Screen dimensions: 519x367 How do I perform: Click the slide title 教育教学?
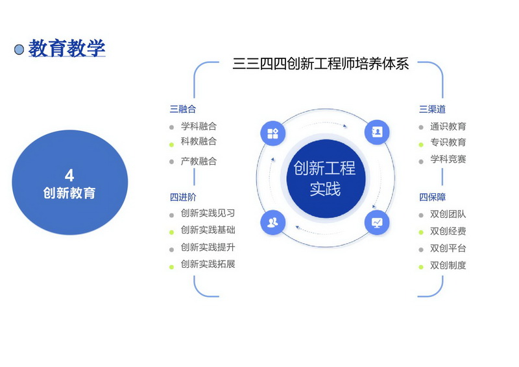[67, 48]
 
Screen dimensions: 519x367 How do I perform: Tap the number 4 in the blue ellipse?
[69, 175]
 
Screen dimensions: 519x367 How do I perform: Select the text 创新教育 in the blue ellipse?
[69, 193]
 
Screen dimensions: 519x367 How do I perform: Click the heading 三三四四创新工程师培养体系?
[320, 64]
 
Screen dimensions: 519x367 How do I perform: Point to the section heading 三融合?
[183, 109]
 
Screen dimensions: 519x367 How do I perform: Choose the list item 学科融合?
[199, 126]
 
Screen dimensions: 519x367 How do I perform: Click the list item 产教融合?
[199, 161]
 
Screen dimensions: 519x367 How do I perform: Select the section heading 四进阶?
[183, 197]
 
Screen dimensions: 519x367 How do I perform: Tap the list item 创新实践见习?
[208, 213]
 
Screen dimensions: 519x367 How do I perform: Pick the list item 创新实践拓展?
[208, 264]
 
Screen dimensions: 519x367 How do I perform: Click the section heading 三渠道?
[432, 109]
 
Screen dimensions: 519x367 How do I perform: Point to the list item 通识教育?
[448, 126]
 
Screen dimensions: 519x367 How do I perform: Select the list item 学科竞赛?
[448, 159]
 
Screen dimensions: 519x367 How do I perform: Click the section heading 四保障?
[432, 197]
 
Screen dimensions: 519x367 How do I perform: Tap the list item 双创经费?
[448, 231]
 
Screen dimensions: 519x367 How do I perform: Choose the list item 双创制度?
[448, 265]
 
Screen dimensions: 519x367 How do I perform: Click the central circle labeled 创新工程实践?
[326, 178]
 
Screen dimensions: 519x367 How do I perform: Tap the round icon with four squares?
[272, 134]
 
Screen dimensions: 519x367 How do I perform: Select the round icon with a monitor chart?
[377, 222]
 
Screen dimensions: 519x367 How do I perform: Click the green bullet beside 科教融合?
[171, 145]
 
